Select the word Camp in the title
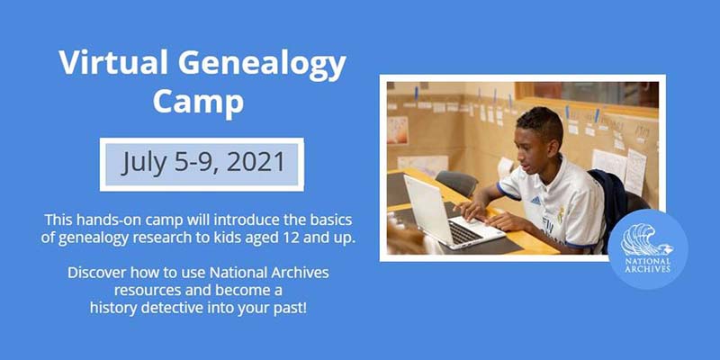(x=198, y=102)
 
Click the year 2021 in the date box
(x=256, y=163)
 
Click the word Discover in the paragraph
(x=97, y=273)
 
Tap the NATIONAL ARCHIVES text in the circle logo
(x=647, y=265)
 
